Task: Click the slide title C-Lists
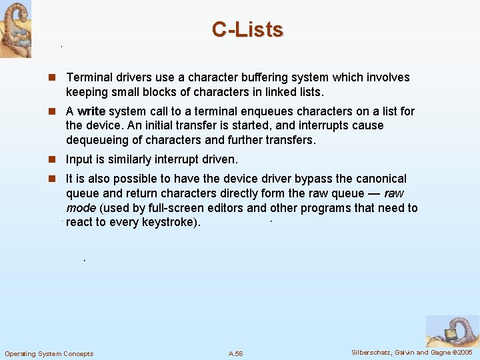(x=247, y=29)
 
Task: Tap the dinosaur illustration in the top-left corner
(x=15, y=29)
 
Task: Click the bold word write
(x=91, y=111)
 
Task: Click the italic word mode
(x=81, y=208)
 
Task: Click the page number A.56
(x=235, y=353)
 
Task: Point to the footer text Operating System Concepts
(x=49, y=353)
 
